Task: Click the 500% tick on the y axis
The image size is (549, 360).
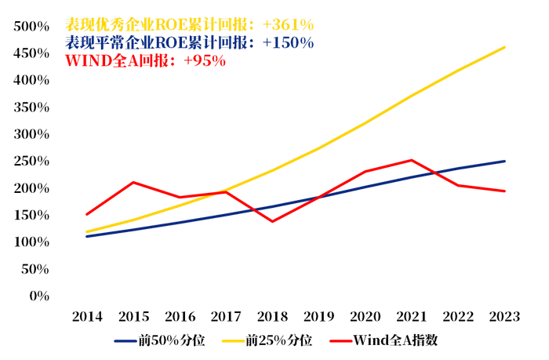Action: click(x=31, y=27)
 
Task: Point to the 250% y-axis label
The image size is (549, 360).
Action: click(x=31, y=162)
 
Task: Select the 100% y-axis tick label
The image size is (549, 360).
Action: click(x=31, y=242)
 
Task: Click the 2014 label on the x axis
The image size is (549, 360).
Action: click(x=87, y=317)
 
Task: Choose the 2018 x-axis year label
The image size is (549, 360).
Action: click(x=272, y=317)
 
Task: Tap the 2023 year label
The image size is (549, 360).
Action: click(x=504, y=317)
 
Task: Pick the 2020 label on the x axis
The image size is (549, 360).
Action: click(x=365, y=317)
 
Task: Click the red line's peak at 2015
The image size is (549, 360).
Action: click(x=133, y=182)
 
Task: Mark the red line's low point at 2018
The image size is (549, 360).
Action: click(x=272, y=221)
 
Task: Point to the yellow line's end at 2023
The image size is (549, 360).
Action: click(x=504, y=47)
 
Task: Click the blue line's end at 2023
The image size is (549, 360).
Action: click(x=504, y=162)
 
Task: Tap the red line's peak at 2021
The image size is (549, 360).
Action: click(x=412, y=160)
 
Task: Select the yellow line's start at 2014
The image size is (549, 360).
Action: click(x=87, y=232)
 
